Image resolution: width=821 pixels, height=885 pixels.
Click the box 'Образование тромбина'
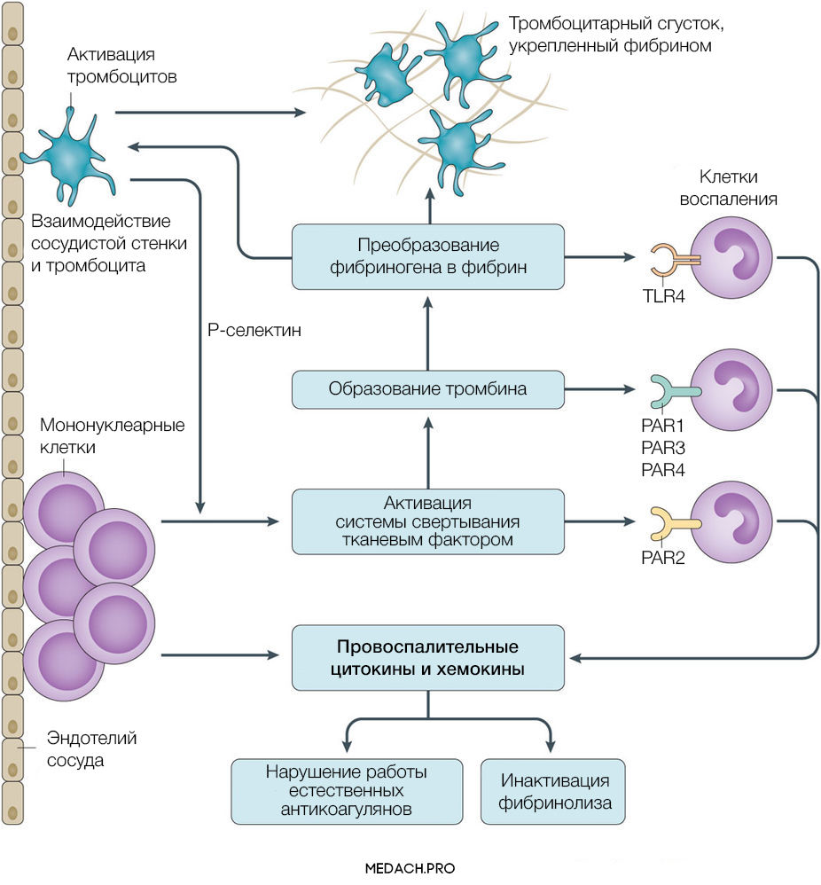[x=428, y=388]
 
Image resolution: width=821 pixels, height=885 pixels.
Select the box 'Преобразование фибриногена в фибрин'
[x=428, y=255]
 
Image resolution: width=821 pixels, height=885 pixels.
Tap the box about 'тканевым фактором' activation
[x=428, y=521]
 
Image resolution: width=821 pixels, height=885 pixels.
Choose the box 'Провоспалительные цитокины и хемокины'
[x=428, y=657]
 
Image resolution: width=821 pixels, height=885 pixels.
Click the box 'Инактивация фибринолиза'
[x=555, y=792]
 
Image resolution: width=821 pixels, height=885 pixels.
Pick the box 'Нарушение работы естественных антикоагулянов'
[x=347, y=792]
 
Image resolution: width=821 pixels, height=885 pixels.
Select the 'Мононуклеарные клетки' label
[x=112, y=436]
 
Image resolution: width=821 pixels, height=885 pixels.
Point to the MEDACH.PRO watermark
[x=410, y=869]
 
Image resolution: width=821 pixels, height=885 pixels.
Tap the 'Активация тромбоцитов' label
[x=122, y=67]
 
